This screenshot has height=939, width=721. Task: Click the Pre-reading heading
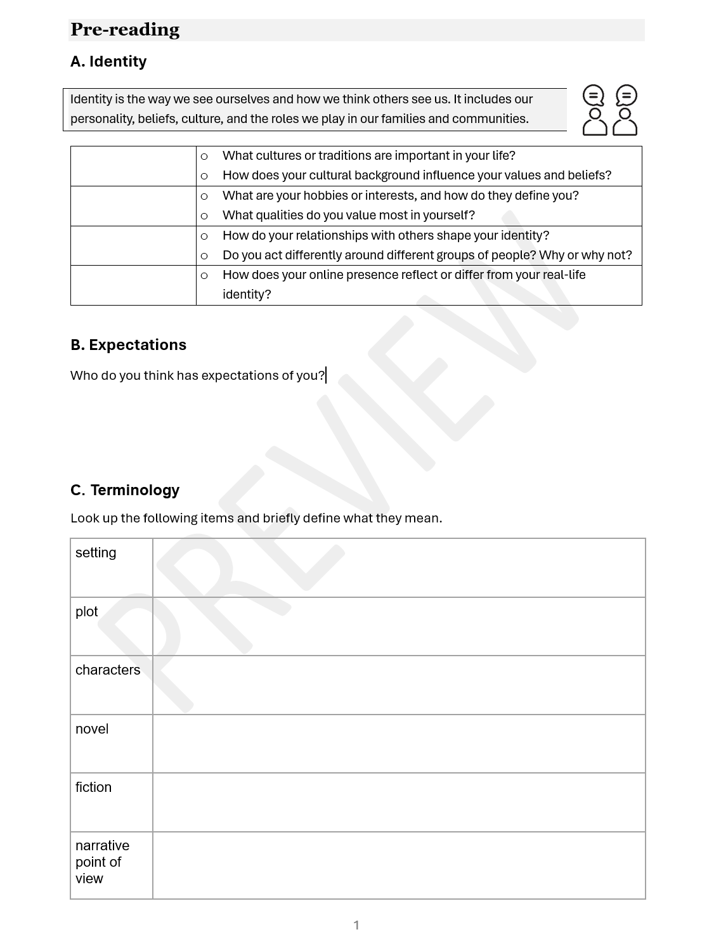(x=125, y=30)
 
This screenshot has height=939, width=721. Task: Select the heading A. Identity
(x=108, y=62)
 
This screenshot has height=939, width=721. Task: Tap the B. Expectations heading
(x=128, y=345)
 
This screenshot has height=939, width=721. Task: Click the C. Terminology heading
(x=125, y=490)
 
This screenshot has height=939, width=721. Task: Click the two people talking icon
(x=609, y=110)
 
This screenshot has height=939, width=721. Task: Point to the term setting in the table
(x=96, y=553)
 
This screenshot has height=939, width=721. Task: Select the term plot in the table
(x=87, y=612)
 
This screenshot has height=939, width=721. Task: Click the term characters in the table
(x=108, y=670)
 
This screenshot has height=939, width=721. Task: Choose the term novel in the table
(x=92, y=729)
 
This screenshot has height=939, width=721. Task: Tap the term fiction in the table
(x=93, y=787)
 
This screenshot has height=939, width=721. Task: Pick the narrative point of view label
(x=101, y=862)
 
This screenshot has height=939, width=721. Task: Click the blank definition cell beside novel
(x=399, y=744)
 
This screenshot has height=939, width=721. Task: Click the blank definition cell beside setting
(x=399, y=568)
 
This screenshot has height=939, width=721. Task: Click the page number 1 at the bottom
(x=356, y=925)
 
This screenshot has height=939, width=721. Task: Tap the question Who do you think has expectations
(x=197, y=375)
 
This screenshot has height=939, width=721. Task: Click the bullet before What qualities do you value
(x=204, y=216)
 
